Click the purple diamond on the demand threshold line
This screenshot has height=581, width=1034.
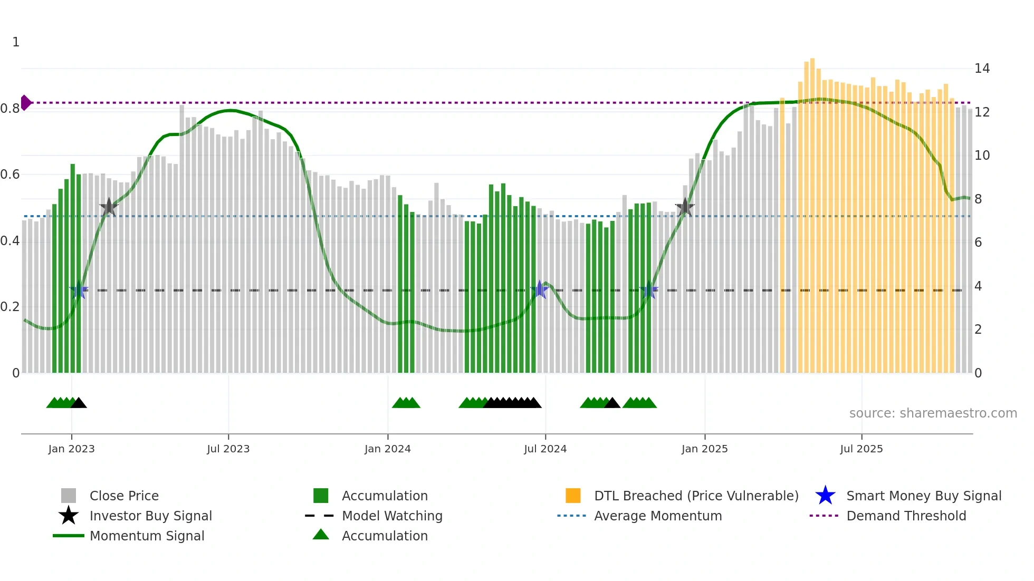point(25,103)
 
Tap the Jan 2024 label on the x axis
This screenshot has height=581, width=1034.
point(387,449)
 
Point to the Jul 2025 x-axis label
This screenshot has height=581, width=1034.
point(861,449)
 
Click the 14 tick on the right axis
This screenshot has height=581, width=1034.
point(982,69)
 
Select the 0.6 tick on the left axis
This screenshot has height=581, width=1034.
point(10,175)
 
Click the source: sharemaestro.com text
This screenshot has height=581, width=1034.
point(933,413)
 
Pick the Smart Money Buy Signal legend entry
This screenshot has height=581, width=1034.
point(923,496)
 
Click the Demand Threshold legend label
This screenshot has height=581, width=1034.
point(906,516)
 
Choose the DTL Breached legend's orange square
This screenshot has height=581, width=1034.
point(573,496)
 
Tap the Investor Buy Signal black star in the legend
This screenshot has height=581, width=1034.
point(69,516)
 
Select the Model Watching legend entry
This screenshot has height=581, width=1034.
point(391,516)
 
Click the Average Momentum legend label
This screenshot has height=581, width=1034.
point(657,516)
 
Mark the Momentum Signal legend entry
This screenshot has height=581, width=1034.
point(147,536)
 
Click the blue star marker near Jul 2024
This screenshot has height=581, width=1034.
point(539,289)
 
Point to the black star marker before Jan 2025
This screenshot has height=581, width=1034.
point(685,207)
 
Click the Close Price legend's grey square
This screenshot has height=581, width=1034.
point(69,496)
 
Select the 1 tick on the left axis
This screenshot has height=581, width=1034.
point(16,42)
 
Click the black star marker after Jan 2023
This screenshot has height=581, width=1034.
point(109,207)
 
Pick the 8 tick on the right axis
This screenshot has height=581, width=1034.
point(978,199)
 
